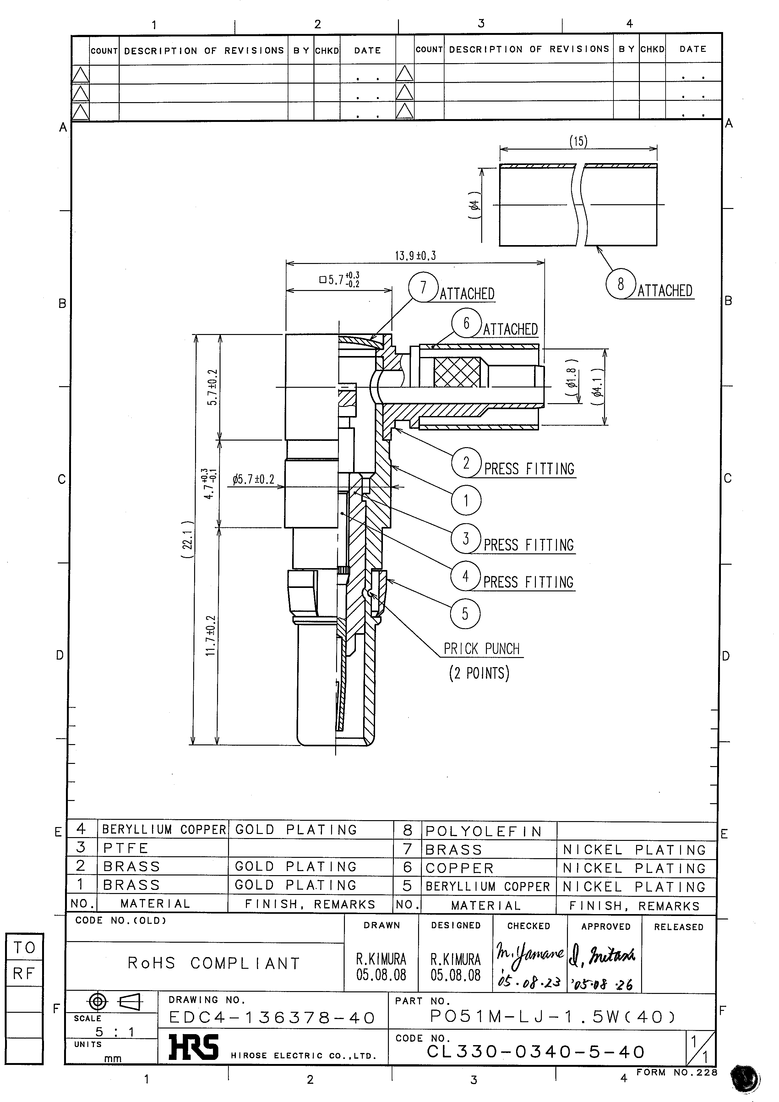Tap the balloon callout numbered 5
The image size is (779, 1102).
coord(465,613)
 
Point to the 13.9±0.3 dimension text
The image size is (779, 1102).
coord(415,256)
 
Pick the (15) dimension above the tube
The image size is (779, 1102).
coord(578,141)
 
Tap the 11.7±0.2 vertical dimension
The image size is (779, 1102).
coord(211,636)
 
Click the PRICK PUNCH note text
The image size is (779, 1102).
coord(482,649)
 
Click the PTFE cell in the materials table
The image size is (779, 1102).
coord(126,848)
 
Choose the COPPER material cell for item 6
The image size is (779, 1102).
coord(460,868)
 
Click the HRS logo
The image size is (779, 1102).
coord(193,1047)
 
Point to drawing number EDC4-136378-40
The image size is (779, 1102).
coord(272,1018)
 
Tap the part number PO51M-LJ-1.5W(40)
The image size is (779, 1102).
coord(553,1016)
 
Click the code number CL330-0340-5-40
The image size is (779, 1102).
coord(536,1052)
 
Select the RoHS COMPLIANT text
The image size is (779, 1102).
coord(214,963)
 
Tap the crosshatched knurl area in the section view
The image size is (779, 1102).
coord(457,372)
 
